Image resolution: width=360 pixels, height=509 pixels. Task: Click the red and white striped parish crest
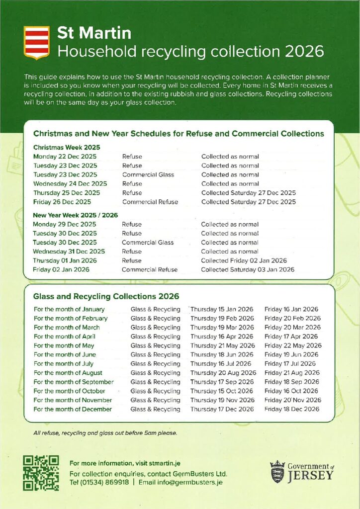(x=36, y=43)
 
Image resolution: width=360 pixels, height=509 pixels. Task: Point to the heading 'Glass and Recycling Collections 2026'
(x=106, y=296)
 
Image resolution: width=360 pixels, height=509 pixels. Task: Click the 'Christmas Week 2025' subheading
(x=67, y=147)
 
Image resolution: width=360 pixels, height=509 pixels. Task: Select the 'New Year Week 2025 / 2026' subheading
(x=75, y=215)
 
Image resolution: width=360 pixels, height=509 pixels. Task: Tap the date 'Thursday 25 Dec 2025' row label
(x=67, y=193)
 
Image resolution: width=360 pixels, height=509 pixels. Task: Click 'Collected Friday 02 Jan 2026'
(x=244, y=260)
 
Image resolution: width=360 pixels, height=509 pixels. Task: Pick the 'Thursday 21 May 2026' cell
(x=222, y=345)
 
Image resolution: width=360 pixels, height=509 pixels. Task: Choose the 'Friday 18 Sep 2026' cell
(x=292, y=382)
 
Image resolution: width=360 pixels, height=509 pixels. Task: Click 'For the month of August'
(x=68, y=373)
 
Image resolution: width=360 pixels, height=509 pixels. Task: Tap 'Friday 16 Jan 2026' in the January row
(x=291, y=309)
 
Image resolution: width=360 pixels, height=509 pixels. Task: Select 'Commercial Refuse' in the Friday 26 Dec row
(x=150, y=202)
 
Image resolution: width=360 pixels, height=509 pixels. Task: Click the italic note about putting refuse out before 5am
(x=105, y=433)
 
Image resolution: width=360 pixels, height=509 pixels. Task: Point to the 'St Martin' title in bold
(x=94, y=33)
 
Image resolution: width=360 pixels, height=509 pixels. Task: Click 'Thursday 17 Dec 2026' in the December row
(x=222, y=409)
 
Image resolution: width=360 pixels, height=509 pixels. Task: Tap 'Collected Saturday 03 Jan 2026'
(x=248, y=269)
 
